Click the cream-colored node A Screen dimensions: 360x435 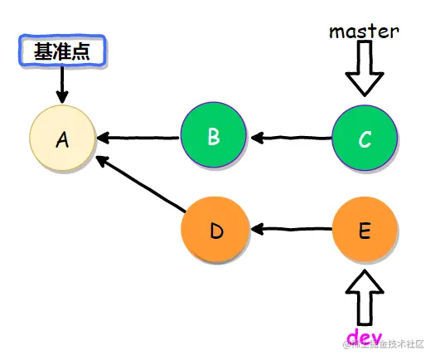pyautogui.click(x=63, y=139)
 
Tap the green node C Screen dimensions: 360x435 pyautogui.click(x=365, y=139)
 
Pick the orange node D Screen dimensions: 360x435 pyautogui.click(x=215, y=230)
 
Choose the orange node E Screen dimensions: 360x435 pyautogui.click(x=365, y=230)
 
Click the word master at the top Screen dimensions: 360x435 pyautogui.click(x=364, y=32)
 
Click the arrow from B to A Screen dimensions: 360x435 pyautogui.click(x=138, y=137)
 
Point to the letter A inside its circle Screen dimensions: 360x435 pyautogui.click(x=62, y=139)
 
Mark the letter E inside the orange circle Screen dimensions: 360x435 pyautogui.click(x=365, y=230)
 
